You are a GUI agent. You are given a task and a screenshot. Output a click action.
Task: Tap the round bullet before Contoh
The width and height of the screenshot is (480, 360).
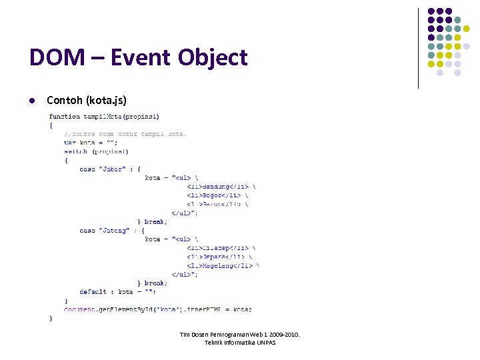coord(31,101)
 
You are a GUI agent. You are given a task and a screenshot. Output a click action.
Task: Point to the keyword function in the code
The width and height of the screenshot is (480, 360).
coord(65,117)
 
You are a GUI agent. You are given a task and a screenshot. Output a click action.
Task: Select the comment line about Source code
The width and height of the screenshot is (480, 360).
coord(125,133)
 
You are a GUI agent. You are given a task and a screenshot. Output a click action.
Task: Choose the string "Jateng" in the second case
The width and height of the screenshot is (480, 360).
coord(113,230)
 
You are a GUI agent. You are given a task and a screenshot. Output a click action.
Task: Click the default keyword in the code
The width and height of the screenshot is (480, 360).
coord(93,291)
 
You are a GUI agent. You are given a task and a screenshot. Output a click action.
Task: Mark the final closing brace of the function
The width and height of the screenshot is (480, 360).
coord(51,318)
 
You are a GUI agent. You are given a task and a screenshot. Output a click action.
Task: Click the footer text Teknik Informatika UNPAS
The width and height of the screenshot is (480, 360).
coord(240,343)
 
